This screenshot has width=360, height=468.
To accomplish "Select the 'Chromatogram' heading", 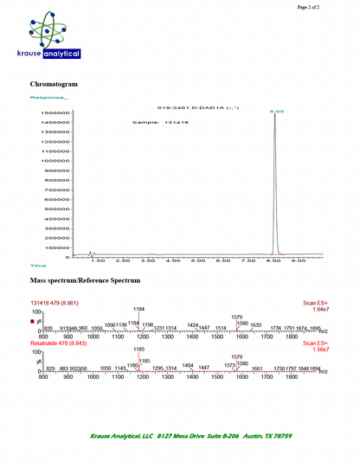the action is (54, 85).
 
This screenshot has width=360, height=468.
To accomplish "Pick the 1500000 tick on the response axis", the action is (55, 112).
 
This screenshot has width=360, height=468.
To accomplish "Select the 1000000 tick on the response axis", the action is (55, 161).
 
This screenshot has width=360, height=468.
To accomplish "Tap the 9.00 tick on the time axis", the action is (299, 260).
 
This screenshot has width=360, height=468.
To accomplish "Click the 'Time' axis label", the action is (38, 266).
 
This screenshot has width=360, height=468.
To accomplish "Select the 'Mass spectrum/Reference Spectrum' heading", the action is (85, 281).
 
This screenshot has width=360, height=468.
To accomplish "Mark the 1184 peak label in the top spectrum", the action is (139, 309).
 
